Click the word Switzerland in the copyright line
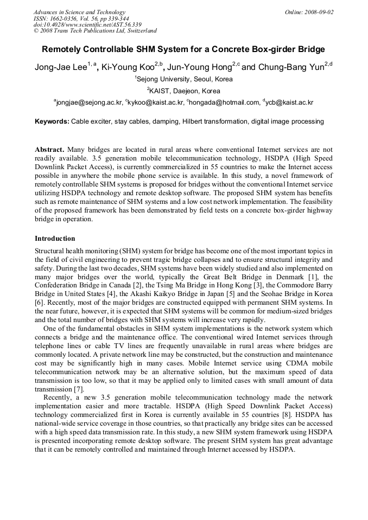139,31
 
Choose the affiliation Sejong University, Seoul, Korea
185,79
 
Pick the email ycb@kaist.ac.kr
290,102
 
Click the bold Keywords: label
52,121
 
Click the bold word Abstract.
49,149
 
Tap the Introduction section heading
55,238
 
